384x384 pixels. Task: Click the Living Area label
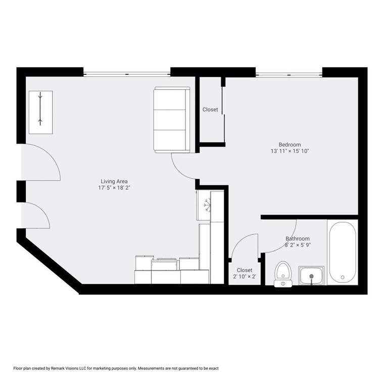tap(114, 181)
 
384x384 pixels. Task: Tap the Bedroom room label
tap(290, 144)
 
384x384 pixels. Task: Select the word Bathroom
tap(298, 238)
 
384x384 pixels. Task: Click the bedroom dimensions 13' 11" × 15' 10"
tap(290, 151)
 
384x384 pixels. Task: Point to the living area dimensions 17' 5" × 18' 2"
tap(114, 188)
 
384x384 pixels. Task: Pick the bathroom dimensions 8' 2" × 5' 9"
tap(298, 245)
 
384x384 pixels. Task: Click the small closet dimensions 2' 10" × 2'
tap(245, 277)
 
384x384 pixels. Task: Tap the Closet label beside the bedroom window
tap(210, 110)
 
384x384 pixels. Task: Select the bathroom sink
tap(311, 276)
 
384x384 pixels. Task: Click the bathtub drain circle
tap(343, 277)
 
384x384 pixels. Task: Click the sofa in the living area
tap(172, 119)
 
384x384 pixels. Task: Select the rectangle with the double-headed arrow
tap(41, 112)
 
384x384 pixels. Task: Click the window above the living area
tap(127, 74)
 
